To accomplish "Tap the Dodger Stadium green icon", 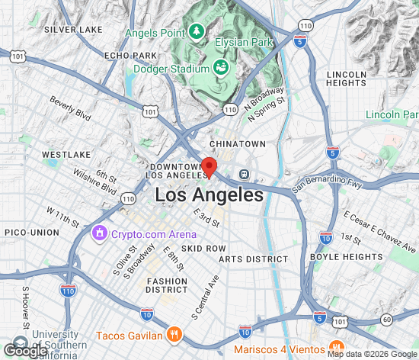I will [x=219, y=67].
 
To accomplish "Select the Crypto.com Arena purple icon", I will [x=99, y=232].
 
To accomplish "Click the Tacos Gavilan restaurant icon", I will [x=174, y=335].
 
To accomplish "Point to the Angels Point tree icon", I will [x=197, y=31].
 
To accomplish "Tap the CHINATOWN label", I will [x=238, y=143].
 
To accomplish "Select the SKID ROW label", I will [x=203, y=249].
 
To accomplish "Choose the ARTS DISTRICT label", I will [x=254, y=259].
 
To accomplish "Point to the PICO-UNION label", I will [x=30, y=231].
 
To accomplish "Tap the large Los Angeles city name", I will [x=209, y=195].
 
